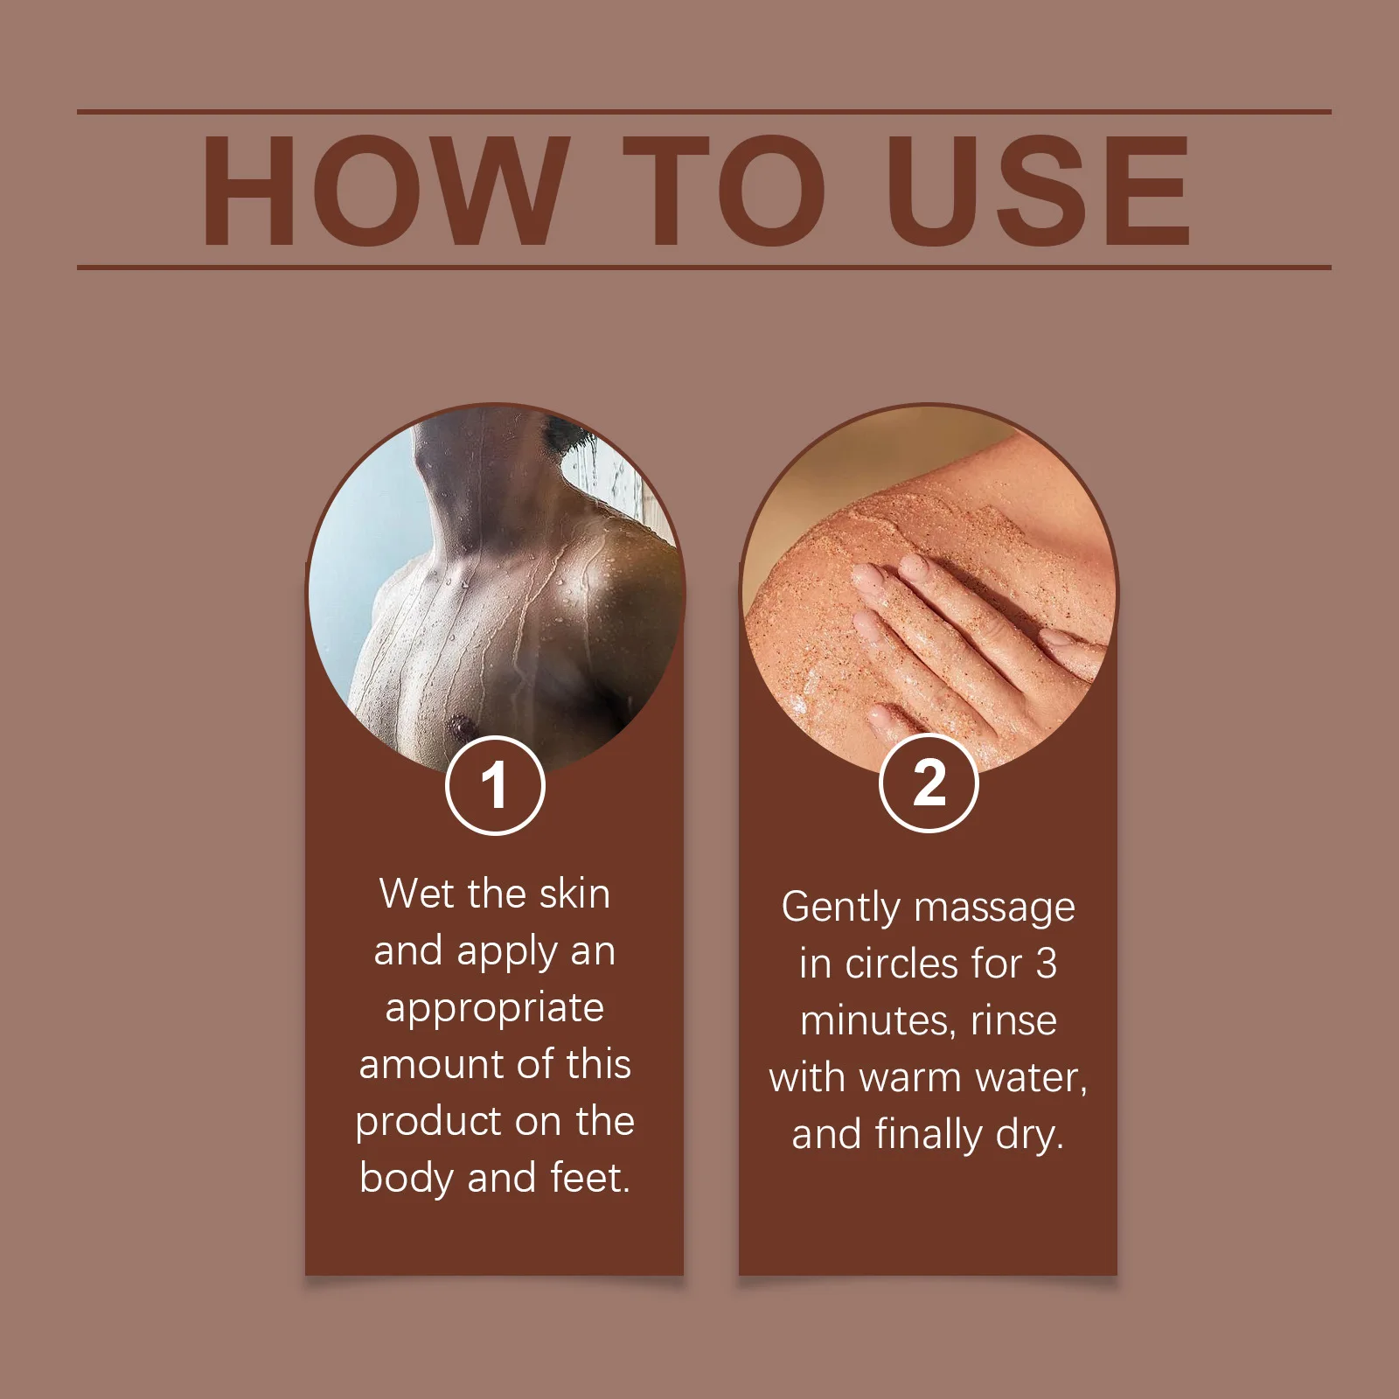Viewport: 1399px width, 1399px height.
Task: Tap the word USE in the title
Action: pos(1038,191)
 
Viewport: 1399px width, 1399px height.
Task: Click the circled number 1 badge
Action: pos(495,785)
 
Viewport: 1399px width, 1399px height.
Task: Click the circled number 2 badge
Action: pos(929,783)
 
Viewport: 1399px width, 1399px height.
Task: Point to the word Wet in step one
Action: pos(417,894)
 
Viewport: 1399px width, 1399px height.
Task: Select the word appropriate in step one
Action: pos(495,1009)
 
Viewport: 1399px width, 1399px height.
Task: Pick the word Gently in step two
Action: pos(839,908)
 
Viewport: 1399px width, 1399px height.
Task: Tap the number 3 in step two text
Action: pos(1046,964)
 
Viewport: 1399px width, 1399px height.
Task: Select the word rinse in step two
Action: pos(1013,1021)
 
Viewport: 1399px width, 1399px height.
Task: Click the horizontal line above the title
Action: pos(704,112)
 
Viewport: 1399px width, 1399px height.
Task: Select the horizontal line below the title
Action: pos(704,267)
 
